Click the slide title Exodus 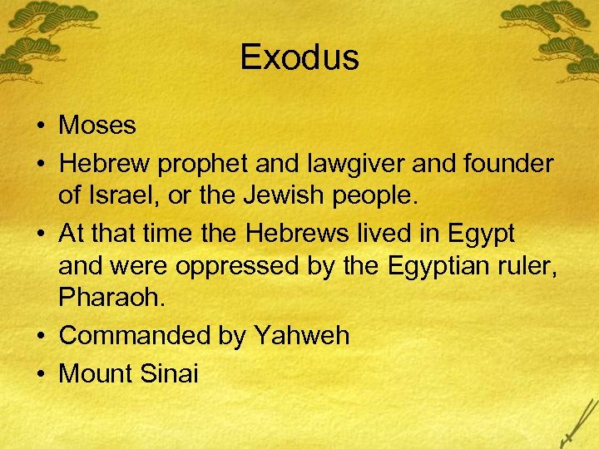point(299,58)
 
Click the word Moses point(97,126)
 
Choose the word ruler point(528,268)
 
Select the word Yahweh point(301,336)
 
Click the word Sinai point(170,373)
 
